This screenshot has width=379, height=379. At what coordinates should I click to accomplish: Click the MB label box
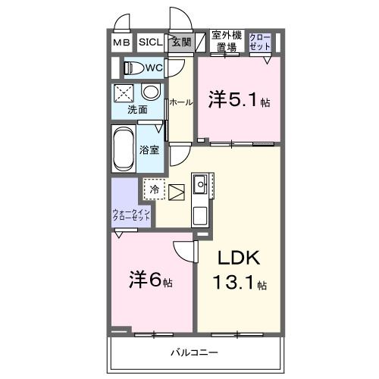[121, 42]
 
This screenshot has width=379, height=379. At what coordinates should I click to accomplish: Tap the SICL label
[149, 42]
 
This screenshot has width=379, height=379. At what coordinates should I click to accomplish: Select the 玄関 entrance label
[180, 42]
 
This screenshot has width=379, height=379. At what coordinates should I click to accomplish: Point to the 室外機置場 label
[226, 41]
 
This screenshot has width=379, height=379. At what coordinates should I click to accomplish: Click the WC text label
[154, 68]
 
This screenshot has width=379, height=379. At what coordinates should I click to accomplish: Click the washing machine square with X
[124, 93]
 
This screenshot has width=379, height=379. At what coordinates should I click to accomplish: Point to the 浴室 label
[149, 149]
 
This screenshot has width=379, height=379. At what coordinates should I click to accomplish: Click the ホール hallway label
[180, 102]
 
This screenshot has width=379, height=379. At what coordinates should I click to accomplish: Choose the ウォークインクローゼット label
[130, 215]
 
